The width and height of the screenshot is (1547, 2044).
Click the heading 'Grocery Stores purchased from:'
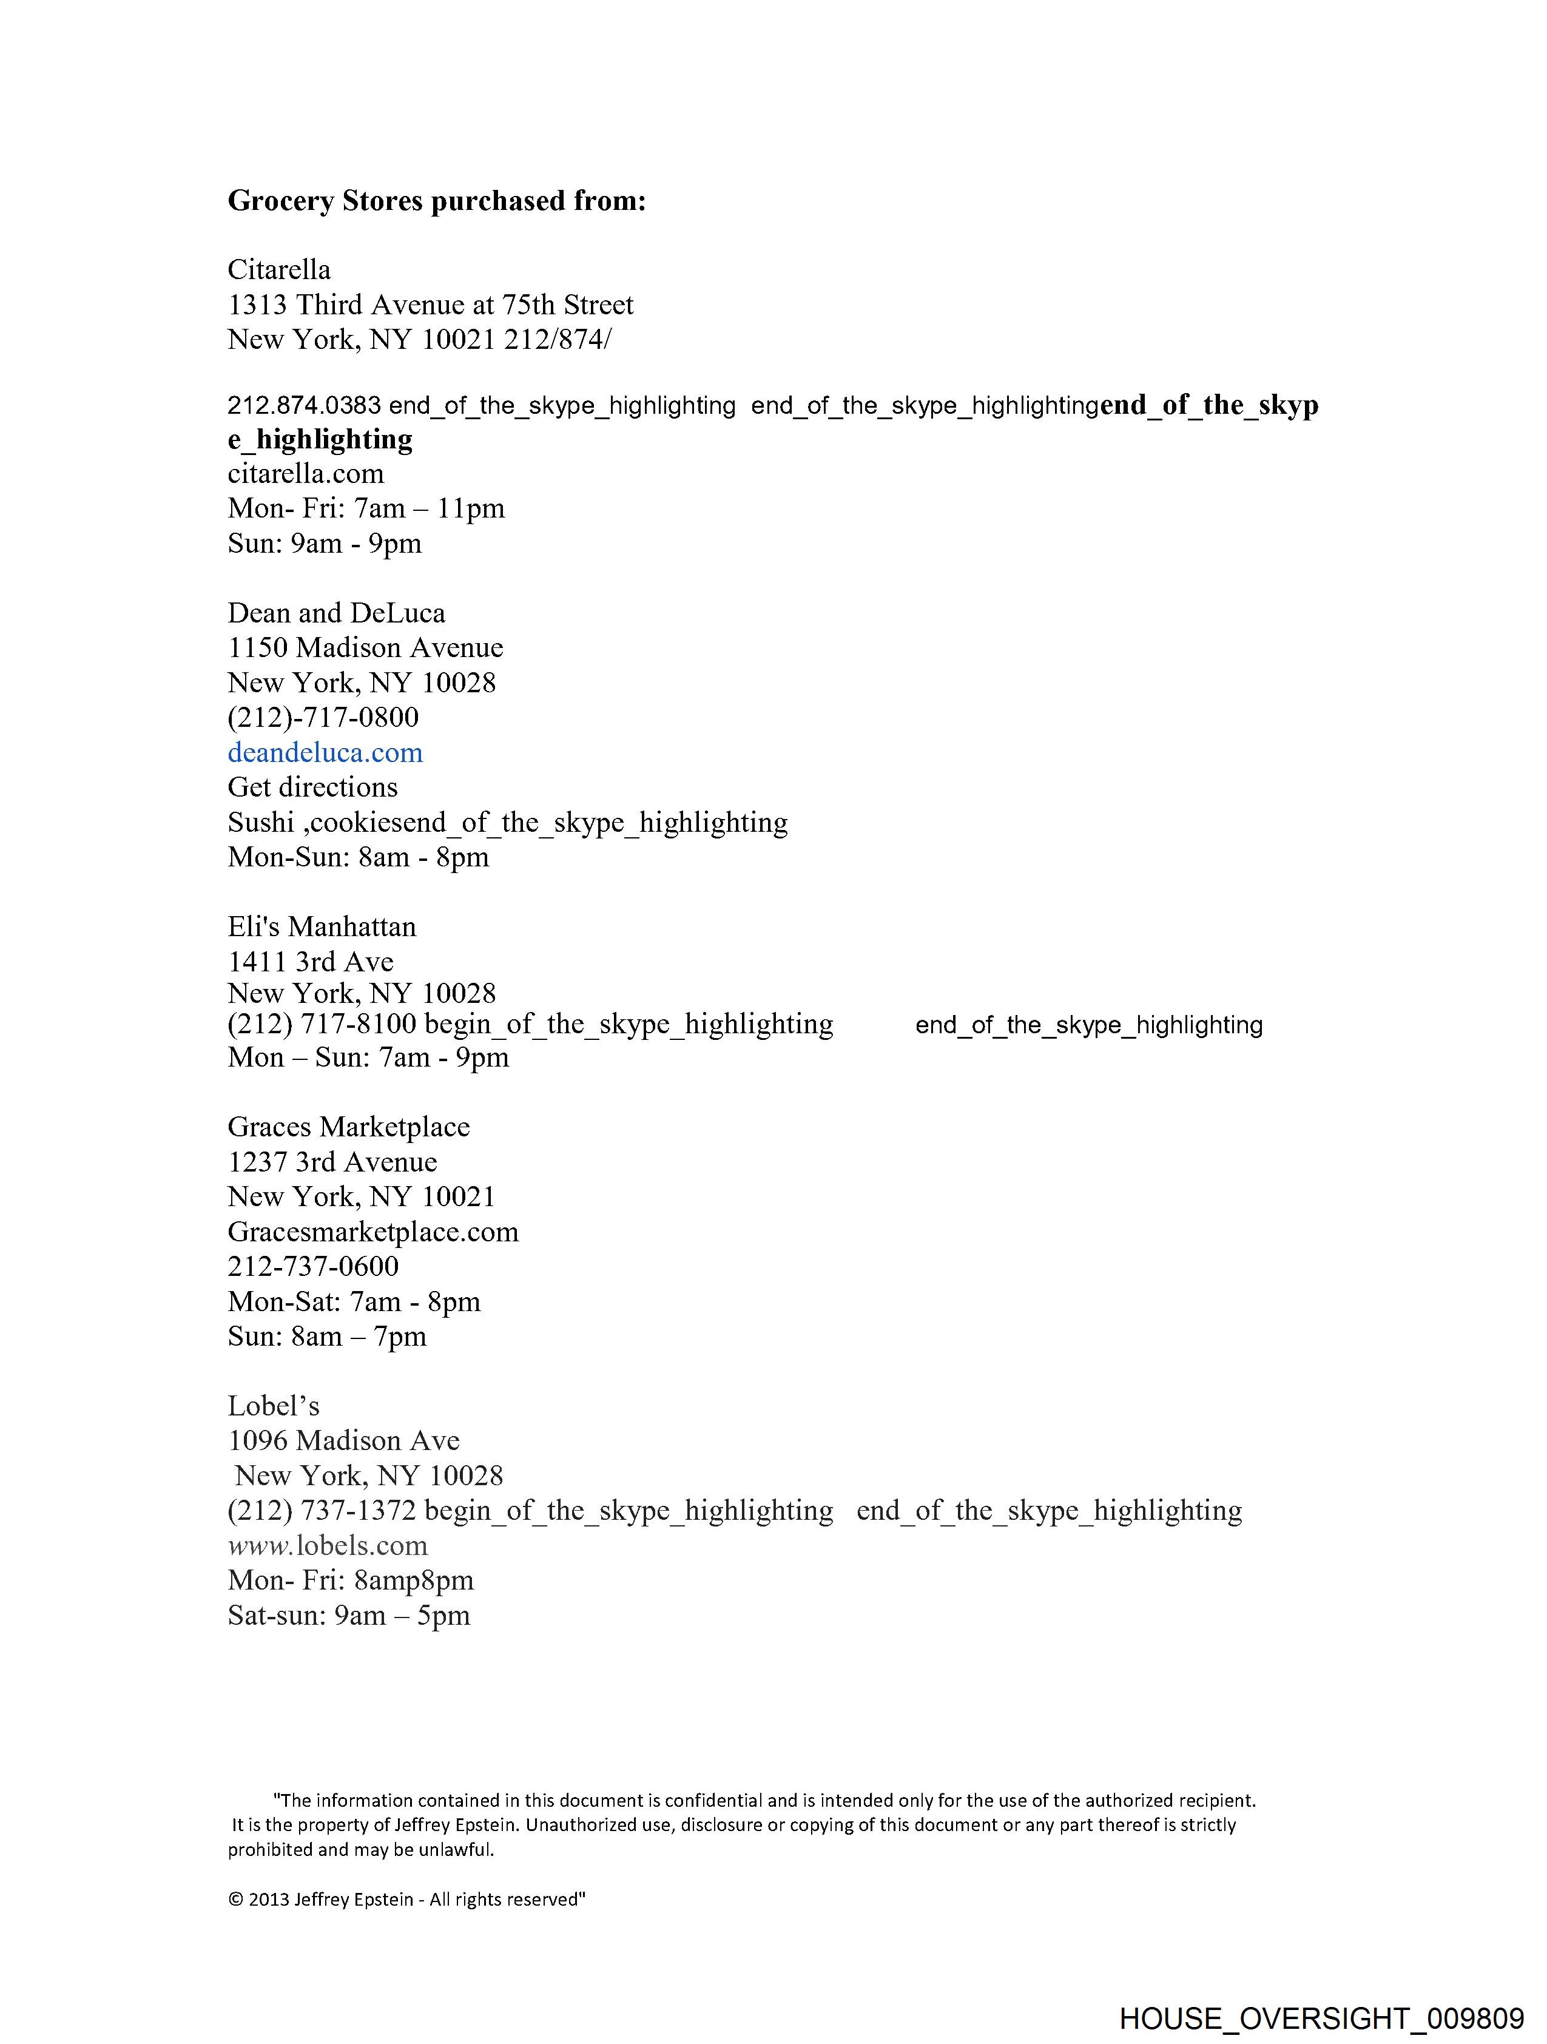pyautogui.click(x=436, y=201)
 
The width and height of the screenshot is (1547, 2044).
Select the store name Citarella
pyautogui.click(x=279, y=270)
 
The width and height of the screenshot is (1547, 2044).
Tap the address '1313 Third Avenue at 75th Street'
pyautogui.click(x=431, y=305)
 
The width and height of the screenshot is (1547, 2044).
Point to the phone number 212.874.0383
pyautogui.click(x=304, y=406)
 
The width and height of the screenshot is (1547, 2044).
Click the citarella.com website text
pyautogui.click(x=306, y=474)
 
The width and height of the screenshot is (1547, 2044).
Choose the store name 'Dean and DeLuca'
pyautogui.click(x=336, y=613)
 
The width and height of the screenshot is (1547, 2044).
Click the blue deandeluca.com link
pyautogui.click(x=325, y=752)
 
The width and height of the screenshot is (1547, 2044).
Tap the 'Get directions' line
pyautogui.click(x=312, y=788)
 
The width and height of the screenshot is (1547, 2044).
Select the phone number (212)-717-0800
pyautogui.click(x=323, y=717)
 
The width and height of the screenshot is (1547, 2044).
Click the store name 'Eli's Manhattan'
pyautogui.click(x=322, y=927)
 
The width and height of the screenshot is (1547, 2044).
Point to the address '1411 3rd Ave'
pyautogui.click(x=311, y=962)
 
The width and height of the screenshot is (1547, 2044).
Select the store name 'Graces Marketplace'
pyautogui.click(x=348, y=1127)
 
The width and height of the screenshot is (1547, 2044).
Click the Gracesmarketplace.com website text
pyautogui.click(x=373, y=1232)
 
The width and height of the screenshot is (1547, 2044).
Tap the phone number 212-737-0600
pyautogui.click(x=313, y=1267)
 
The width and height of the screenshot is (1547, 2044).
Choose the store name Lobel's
pyautogui.click(x=274, y=1406)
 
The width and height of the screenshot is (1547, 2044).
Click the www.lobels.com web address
pyautogui.click(x=328, y=1545)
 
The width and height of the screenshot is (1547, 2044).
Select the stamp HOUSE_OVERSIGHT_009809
pyautogui.click(x=1321, y=2017)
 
